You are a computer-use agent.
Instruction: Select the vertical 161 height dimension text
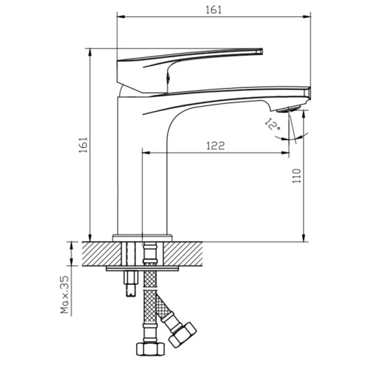click(83, 144)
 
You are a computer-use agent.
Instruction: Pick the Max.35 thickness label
click(65, 296)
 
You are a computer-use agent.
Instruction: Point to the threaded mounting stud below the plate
click(130, 283)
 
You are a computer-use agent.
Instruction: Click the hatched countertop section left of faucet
click(98, 253)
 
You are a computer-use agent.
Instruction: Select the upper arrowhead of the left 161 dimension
click(90, 53)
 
